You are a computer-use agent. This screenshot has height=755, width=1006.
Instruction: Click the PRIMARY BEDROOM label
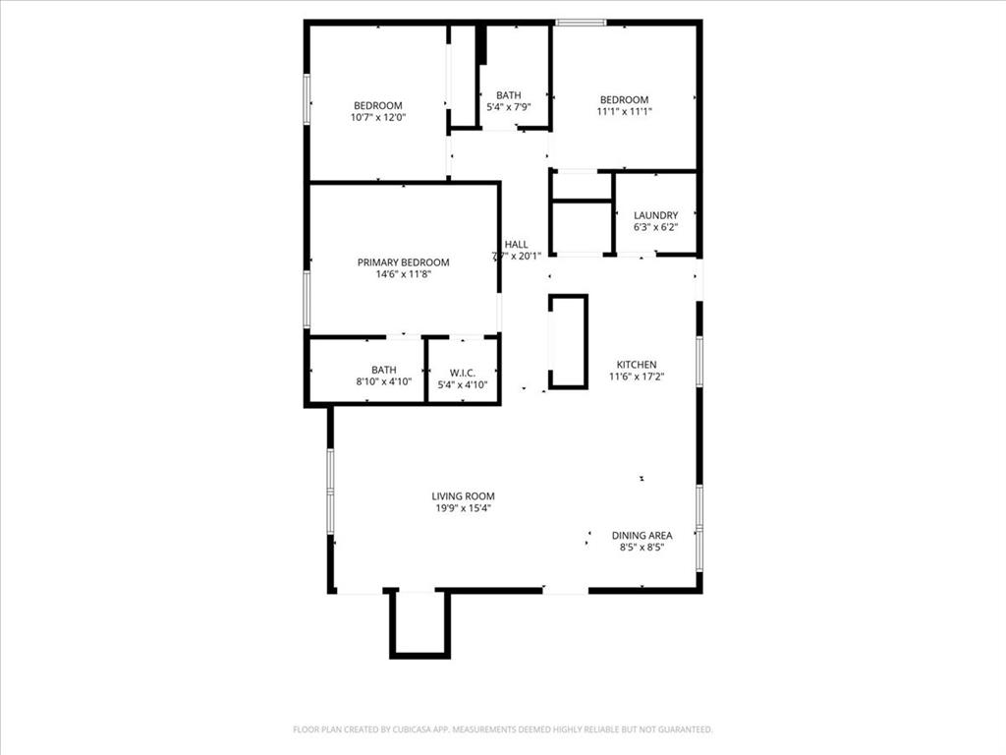pyautogui.click(x=403, y=262)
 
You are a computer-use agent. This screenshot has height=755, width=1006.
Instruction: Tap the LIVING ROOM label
pyautogui.click(x=464, y=496)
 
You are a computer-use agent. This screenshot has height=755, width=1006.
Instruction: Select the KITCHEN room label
pyautogui.click(x=636, y=365)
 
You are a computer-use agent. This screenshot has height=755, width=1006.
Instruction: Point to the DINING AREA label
pyautogui.click(x=642, y=536)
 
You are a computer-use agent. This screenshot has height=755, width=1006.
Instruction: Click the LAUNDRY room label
pyautogui.click(x=655, y=215)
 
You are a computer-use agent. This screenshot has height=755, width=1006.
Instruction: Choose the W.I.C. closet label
pyautogui.click(x=463, y=373)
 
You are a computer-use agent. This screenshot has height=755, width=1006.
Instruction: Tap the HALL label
pyautogui.click(x=516, y=245)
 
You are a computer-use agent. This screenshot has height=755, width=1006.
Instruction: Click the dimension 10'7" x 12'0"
pyautogui.click(x=378, y=117)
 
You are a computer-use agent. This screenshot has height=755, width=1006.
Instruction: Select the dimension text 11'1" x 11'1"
pyautogui.click(x=625, y=111)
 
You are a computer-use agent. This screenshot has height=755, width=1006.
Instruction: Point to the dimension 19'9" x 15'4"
pyautogui.click(x=464, y=508)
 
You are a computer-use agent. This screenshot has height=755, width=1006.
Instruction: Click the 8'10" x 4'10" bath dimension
pyautogui.click(x=383, y=381)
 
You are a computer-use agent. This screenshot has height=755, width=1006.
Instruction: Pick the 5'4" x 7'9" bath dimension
pyautogui.click(x=508, y=107)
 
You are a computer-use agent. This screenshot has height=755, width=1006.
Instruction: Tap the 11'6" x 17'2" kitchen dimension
pyautogui.click(x=636, y=377)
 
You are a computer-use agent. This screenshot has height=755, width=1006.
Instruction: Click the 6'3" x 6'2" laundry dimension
pyautogui.click(x=655, y=227)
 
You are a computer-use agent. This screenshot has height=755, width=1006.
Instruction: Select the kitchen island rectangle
pyautogui.click(x=568, y=341)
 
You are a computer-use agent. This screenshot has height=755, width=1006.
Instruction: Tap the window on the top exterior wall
pyautogui.click(x=582, y=23)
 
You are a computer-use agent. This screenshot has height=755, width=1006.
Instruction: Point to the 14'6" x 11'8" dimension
pyautogui.click(x=403, y=274)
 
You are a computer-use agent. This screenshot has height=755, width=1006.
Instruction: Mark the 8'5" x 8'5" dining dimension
pyautogui.click(x=642, y=548)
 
